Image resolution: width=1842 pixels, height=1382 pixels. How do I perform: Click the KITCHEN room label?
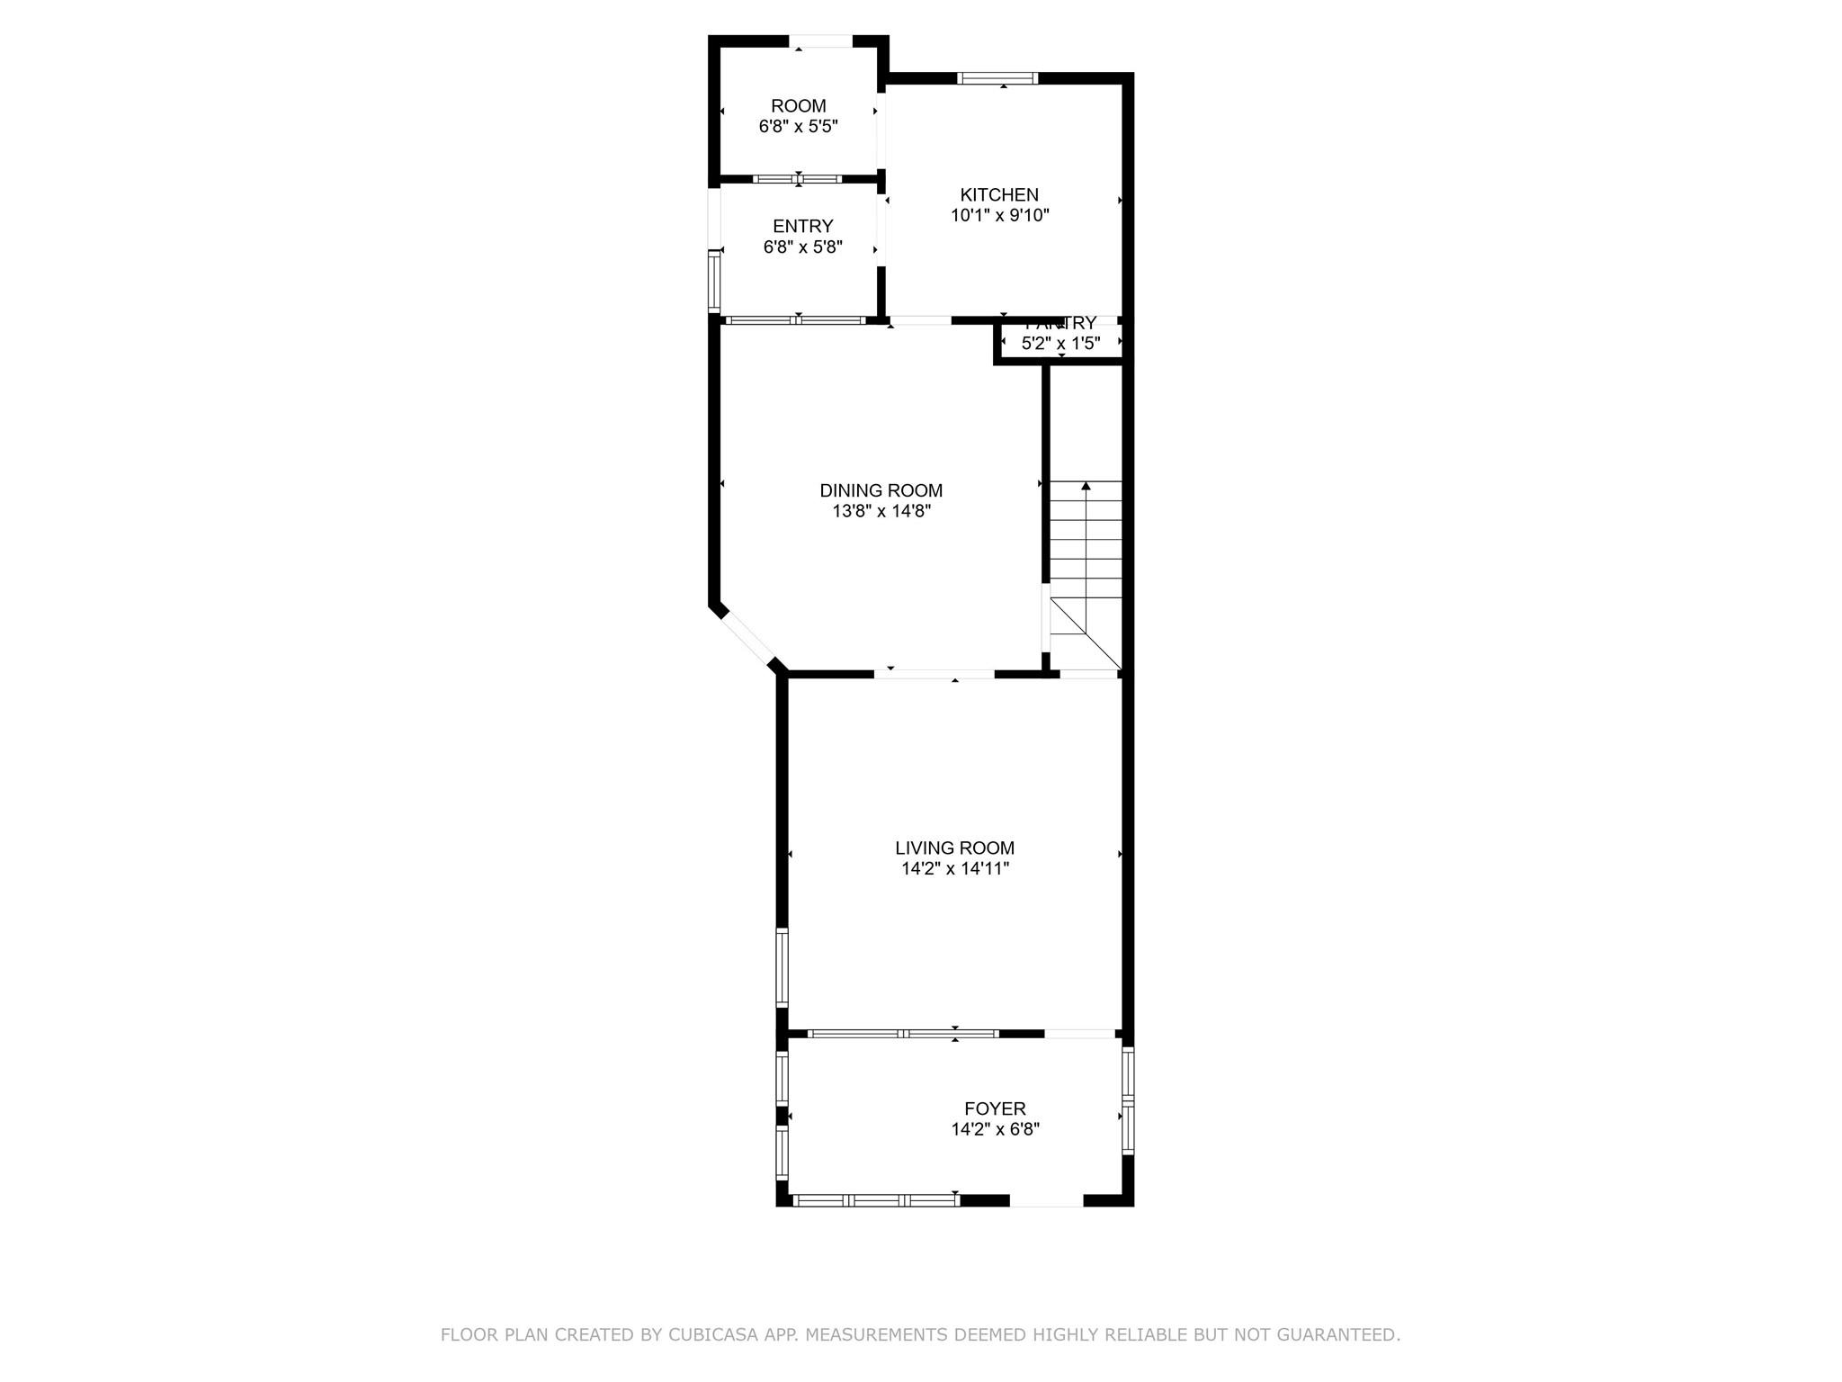[999, 194]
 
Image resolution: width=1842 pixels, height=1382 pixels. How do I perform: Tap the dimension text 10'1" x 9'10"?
[999, 215]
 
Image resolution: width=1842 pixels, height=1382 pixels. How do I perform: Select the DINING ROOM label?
[881, 490]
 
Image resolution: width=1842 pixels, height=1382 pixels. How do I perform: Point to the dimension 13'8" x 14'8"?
[881, 511]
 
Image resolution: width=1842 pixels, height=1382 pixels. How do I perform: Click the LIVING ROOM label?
[954, 848]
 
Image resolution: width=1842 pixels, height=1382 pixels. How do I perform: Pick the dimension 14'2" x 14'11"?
[954, 868]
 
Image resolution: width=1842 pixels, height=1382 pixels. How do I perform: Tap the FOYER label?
[995, 1108]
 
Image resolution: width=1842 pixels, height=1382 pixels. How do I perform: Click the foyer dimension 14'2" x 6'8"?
[995, 1129]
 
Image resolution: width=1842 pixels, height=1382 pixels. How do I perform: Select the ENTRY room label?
[802, 226]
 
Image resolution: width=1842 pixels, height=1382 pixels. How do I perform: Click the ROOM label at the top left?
[798, 106]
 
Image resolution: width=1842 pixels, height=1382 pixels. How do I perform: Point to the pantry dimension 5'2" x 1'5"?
[1060, 343]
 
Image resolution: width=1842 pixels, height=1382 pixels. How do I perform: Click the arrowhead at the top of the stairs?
[1086, 487]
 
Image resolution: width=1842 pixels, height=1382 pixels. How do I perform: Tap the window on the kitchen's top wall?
[997, 78]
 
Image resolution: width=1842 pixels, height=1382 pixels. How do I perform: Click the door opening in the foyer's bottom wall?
[1046, 1199]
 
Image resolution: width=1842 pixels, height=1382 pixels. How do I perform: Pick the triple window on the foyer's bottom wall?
[875, 1199]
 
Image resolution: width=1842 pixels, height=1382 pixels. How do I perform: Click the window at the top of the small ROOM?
[820, 40]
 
